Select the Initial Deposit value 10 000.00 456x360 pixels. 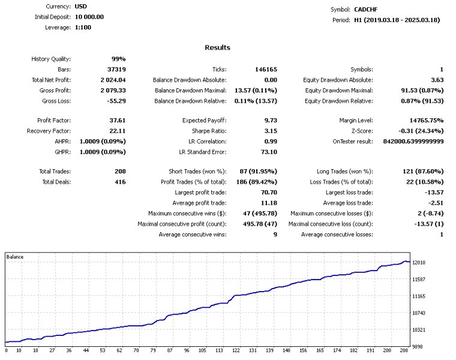[89, 17]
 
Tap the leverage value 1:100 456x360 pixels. [83, 28]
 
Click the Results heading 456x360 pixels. [217, 47]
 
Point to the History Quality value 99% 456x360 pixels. [118, 59]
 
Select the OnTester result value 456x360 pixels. [412, 141]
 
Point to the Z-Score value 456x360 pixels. [418, 131]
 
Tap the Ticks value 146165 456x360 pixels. [266, 70]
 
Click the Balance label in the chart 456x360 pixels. [16, 257]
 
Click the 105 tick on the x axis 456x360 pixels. [202, 350]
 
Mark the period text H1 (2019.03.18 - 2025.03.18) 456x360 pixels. [397, 20]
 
